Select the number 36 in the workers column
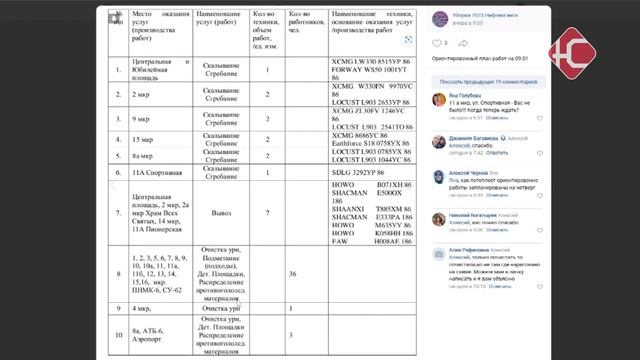point(292,272)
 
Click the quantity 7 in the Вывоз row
point(267,212)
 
